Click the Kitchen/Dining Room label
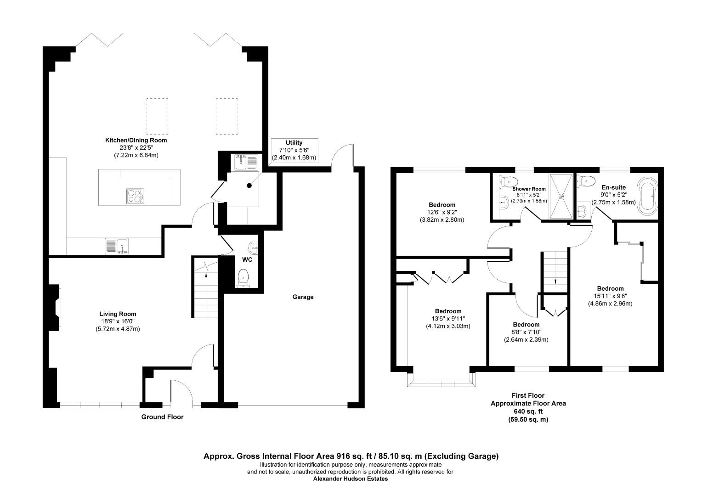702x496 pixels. tap(136, 140)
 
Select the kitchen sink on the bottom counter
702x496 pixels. tap(116, 246)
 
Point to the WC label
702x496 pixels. tap(247, 259)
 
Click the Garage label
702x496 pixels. tap(303, 297)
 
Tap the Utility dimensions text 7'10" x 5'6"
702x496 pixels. tap(294, 150)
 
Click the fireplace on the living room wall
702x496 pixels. tap(54, 307)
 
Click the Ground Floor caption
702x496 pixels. tap(162, 417)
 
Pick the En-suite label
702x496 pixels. tap(613, 187)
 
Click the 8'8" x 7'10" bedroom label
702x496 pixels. tap(526, 325)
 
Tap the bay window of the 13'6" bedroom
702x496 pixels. tap(441, 381)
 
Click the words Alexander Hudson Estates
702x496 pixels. tap(350, 479)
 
